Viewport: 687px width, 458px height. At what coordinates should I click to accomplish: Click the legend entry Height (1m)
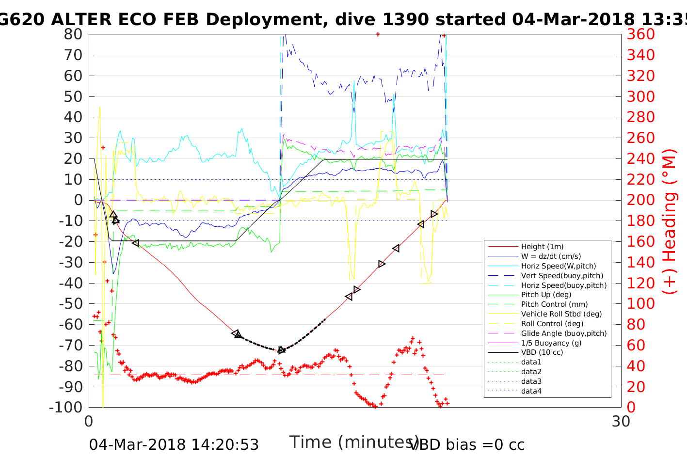click(x=542, y=247)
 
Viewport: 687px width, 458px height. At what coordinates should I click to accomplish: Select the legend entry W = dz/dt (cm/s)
click(x=551, y=256)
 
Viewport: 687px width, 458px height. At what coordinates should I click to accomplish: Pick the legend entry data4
click(x=531, y=391)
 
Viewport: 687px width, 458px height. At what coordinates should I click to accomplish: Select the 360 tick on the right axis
click(x=641, y=34)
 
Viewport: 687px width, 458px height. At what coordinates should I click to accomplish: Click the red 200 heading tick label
click(x=641, y=200)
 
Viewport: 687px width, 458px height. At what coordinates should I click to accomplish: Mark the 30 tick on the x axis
click(x=621, y=422)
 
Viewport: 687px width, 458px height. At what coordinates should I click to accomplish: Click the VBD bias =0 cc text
click(x=467, y=444)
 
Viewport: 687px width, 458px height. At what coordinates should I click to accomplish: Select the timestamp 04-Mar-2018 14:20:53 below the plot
click(x=174, y=444)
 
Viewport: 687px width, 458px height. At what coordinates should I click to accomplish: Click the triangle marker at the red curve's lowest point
click(x=282, y=350)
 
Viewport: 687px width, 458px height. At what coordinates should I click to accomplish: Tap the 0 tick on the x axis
click(x=89, y=422)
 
